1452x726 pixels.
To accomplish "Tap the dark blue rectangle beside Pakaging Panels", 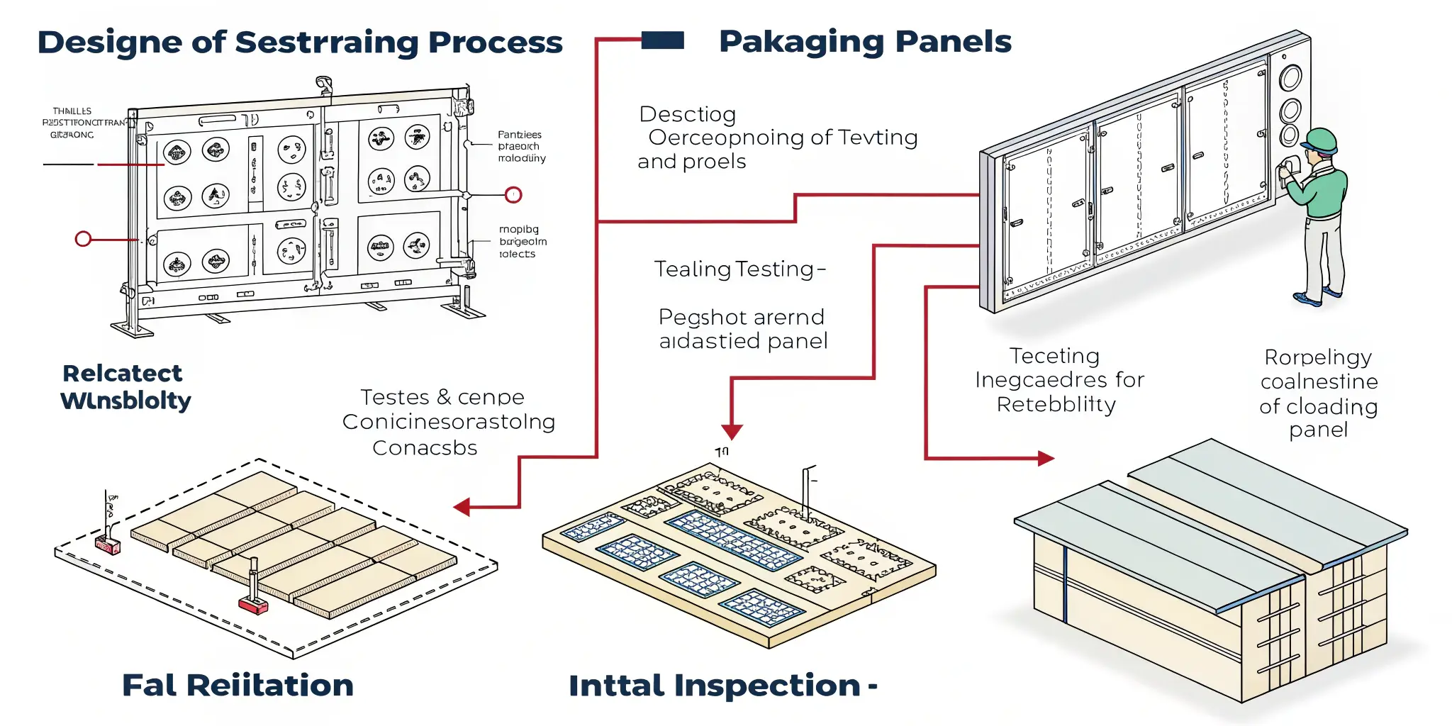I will coord(663,40).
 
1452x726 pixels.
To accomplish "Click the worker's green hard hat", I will coord(1319,140).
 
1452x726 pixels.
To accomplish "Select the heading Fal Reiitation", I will coord(238,686).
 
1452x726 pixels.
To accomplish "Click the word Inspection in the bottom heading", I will coord(767,686).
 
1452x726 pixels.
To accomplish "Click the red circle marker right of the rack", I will coord(513,195).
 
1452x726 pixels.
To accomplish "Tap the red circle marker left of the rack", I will coord(83,239).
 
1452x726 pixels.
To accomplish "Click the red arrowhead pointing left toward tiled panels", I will coord(462,507).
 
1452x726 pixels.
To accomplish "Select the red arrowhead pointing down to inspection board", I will coord(732,431).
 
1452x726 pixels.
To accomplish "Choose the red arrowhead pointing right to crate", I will coord(1046,459).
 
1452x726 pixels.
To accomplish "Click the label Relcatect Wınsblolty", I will coord(125,387).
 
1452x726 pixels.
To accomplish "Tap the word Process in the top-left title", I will coord(495,43).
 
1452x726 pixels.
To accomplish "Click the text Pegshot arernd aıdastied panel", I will coord(742,329).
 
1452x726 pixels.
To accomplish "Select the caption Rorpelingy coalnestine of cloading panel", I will coord(1319,393).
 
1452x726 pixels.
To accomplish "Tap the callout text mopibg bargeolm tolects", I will coord(523,242).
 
